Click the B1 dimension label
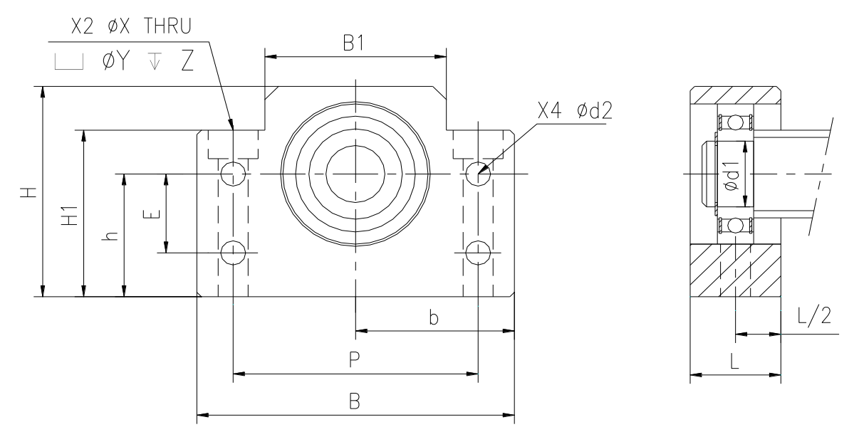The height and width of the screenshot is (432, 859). pyautogui.click(x=353, y=43)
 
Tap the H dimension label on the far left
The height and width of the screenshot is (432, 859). pyautogui.click(x=28, y=192)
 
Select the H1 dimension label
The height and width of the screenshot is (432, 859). pyautogui.click(x=70, y=216)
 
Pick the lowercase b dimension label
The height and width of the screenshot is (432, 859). pyautogui.click(x=433, y=317)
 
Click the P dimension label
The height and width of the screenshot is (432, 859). pyautogui.click(x=354, y=359)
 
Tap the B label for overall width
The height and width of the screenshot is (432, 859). pyautogui.click(x=355, y=401)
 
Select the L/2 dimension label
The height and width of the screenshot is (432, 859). pyautogui.click(x=814, y=317)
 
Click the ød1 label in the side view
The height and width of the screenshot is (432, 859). pyautogui.click(x=732, y=176)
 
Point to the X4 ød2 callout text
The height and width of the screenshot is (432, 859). pyautogui.click(x=575, y=110)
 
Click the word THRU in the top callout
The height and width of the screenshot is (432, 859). pyautogui.click(x=167, y=26)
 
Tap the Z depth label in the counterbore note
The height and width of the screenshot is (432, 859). pyautogui.click(x=187, y=61)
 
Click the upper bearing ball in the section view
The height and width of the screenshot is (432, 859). pyautogui.click(x=735, y=123)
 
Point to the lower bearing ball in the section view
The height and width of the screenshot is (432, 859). pyautogui.click(x=735, y=226)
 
